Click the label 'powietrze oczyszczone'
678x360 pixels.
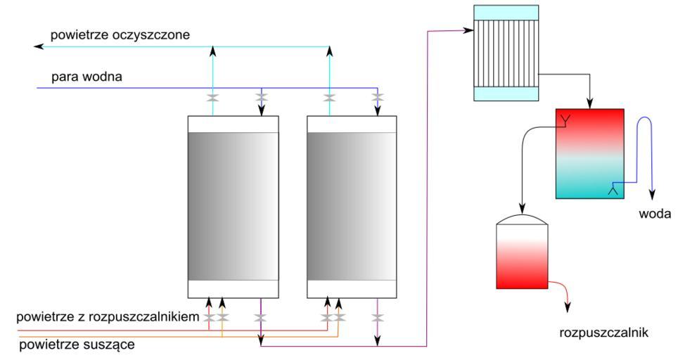120,33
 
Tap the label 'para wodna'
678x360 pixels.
87,77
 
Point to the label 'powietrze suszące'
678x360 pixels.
77,345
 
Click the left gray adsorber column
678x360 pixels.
234,207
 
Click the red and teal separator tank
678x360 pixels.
589,154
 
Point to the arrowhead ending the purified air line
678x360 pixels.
39,46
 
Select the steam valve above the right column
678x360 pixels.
378,97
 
